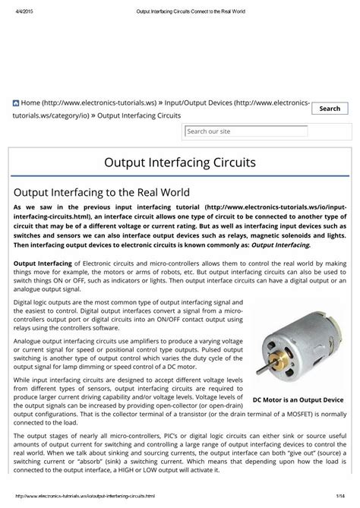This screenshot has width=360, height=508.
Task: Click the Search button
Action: [330, 109]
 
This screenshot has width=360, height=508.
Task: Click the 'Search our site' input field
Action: [246, 131]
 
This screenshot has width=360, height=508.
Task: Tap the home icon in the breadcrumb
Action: [15, 103]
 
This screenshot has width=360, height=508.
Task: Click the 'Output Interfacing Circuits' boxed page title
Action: [179, 163]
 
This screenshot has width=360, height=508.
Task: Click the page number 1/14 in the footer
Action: [344, 496]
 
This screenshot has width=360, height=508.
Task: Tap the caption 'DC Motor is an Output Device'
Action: [298, 399]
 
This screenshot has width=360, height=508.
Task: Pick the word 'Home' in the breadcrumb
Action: [31, 103]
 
